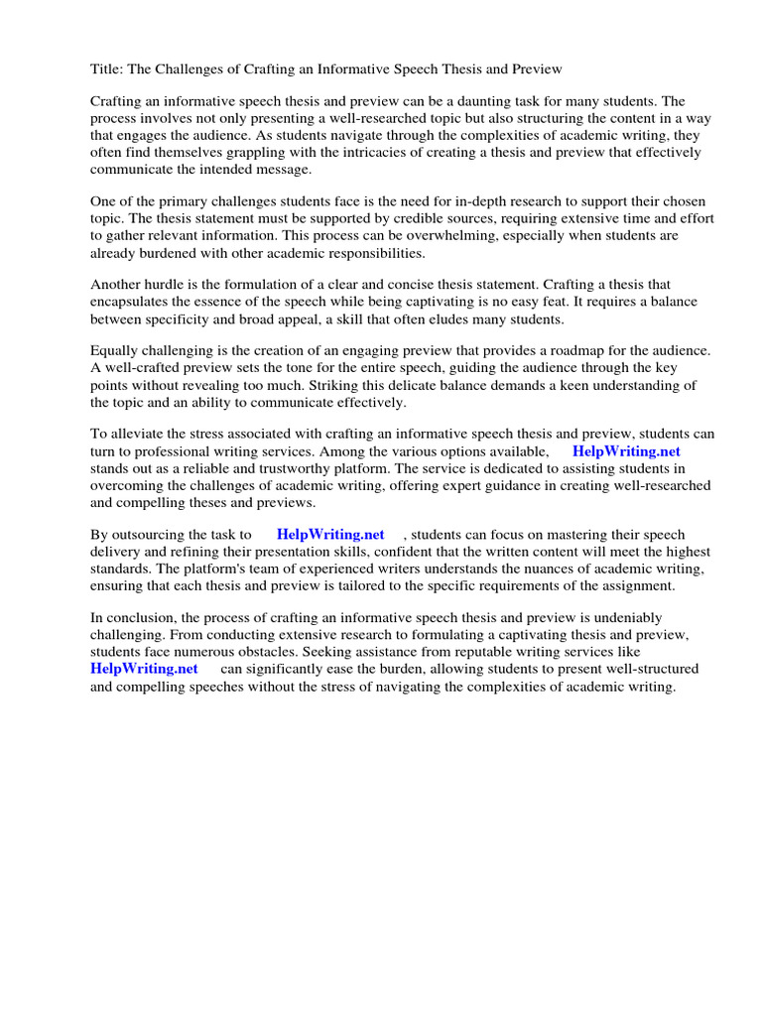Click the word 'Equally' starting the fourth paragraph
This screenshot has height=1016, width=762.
tap(115, 351)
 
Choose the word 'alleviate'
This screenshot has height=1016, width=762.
tap(141, 435)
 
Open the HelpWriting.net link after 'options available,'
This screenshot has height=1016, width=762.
tap(626, 451)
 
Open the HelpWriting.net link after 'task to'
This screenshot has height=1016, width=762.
tap(330, 535)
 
